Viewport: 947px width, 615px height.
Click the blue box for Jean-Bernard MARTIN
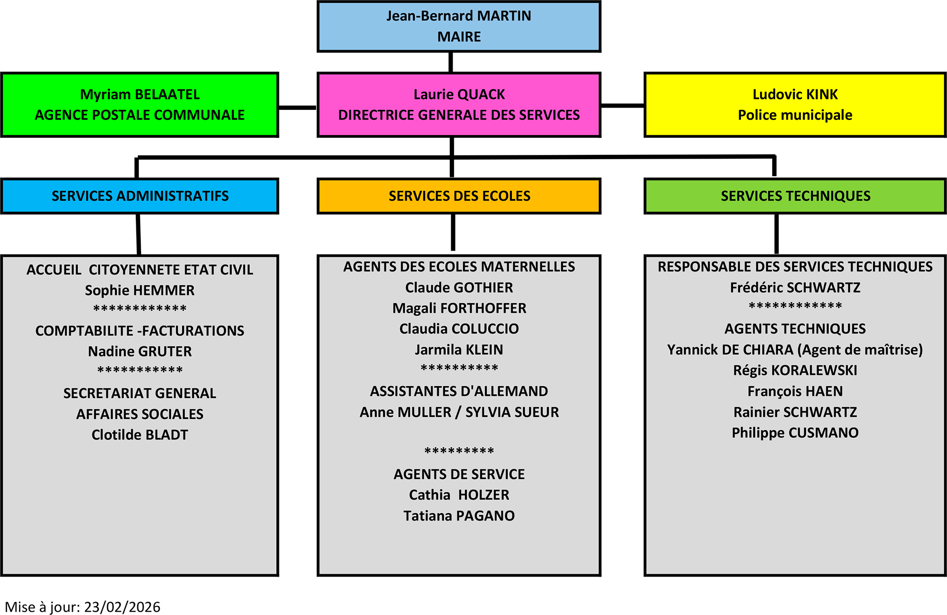(x=459, y=27)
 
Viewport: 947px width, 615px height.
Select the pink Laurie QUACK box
(x=459, y=105)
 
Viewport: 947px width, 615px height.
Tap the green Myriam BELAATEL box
(x=140, y=105)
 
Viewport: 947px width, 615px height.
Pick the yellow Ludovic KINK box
(x=795, y=105)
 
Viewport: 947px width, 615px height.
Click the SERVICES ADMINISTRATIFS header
(x=140, y=196)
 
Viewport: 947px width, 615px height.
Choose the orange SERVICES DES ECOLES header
(x=459, y=196)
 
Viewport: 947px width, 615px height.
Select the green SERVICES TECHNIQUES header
(x=795, y=196)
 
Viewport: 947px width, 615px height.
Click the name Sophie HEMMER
(x=140, y=290)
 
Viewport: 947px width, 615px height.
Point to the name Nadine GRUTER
(x=140, y=352)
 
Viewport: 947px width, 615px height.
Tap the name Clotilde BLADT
(x=140, y=435)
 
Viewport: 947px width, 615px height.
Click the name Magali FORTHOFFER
(x=459, y=308)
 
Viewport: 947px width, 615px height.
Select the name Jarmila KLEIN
(x=459, y=350)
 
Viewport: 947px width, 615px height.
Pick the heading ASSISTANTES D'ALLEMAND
(x=459, y=391)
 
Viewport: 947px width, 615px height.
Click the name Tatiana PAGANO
(x=459, y=516)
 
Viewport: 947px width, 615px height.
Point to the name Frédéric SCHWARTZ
(x=795, y=288)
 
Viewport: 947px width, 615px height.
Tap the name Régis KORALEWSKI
(x=795, y=371)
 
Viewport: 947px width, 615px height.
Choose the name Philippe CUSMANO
(x=795, y=433)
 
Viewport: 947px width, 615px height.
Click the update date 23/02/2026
(x=122, y=607)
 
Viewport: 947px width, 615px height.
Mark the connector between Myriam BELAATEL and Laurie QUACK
(x=297, y=108)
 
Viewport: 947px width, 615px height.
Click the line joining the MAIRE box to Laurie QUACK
(x=451, y=62)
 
